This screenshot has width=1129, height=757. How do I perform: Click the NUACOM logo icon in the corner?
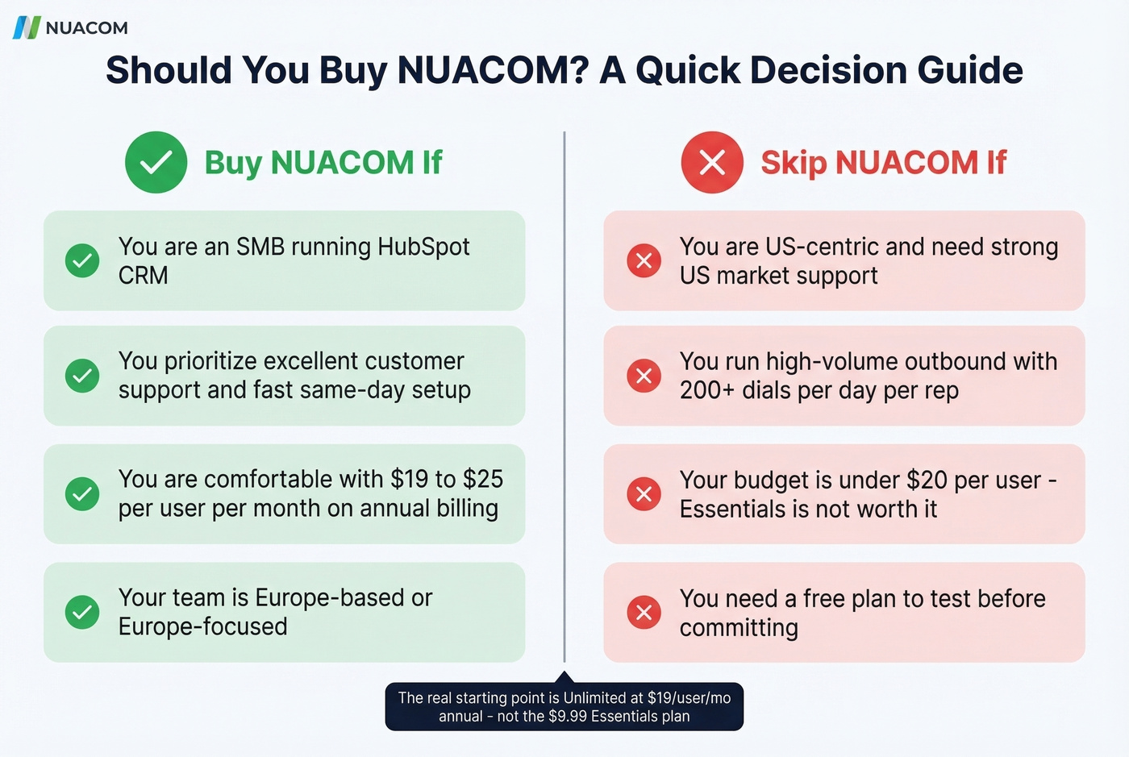pos(27,27)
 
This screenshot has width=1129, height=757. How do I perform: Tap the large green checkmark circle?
pos(156,162)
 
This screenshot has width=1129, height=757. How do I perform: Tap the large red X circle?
pos(712,162)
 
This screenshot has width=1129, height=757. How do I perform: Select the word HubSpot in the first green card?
pos(423,247)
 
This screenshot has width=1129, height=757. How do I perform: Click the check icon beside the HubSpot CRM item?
pos(82,260)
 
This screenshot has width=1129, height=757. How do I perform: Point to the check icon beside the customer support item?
pos(82,376)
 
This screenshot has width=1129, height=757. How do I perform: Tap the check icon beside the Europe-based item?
pos(82,612)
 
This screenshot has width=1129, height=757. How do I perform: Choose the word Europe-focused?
pos(202,626)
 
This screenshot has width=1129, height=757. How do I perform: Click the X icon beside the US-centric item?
pos(644,260)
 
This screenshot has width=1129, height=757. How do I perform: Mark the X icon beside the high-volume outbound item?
pos(644,376)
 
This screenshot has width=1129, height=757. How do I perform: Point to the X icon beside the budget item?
pos(644,493)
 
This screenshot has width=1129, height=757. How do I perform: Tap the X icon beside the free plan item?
pos(644,612)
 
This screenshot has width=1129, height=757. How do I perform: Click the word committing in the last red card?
pos(739,628)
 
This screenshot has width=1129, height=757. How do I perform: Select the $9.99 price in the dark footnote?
pos(568,717)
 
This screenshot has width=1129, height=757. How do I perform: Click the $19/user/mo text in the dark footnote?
pos(689,698)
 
